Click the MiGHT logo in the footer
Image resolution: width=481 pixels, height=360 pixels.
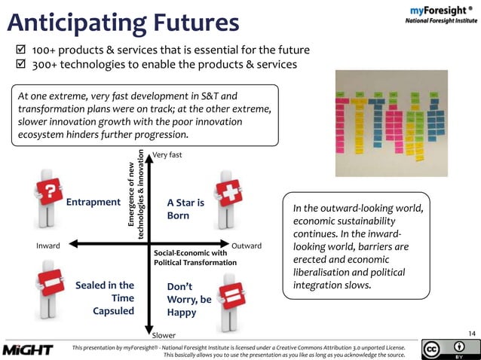28,349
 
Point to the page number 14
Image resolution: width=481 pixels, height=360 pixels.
472,333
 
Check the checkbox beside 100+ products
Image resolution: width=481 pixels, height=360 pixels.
21,50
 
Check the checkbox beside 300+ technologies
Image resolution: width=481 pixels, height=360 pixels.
21,64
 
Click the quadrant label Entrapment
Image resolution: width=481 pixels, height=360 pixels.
93,202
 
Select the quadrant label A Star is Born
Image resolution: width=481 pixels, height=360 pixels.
185,209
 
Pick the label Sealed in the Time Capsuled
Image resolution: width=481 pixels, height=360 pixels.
105,297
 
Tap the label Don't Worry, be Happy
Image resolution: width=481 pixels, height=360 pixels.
188,299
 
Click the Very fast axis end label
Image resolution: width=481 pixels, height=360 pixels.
167,155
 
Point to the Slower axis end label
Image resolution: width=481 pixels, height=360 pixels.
164,334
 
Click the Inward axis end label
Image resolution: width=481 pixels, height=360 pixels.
47,246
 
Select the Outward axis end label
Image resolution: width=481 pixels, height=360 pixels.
247,246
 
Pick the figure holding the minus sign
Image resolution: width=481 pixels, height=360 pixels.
47,290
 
